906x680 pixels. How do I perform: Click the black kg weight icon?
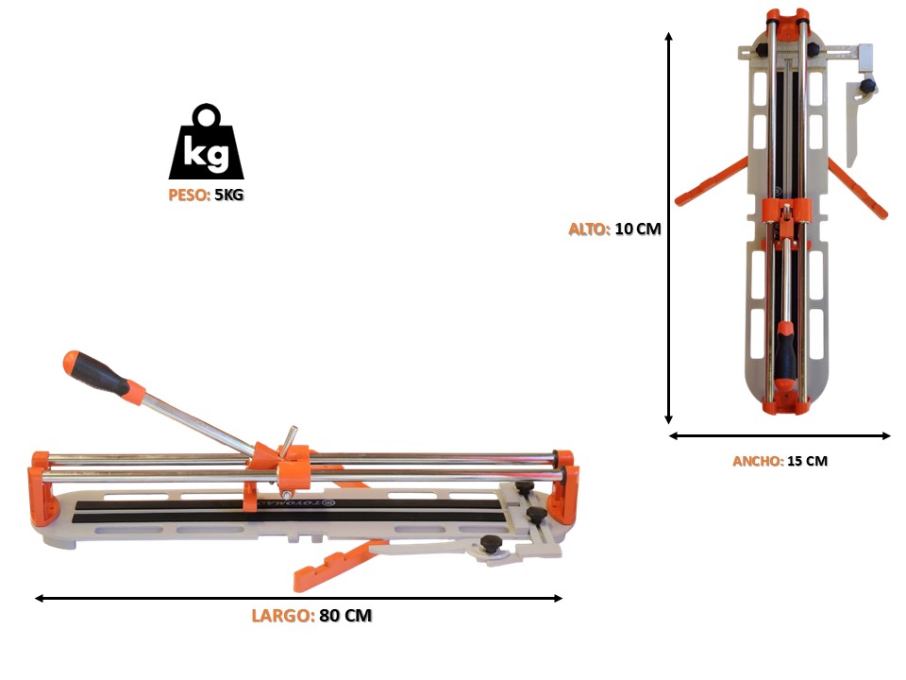point(206,143)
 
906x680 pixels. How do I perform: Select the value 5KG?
point(228,195)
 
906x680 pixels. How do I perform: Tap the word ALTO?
point(589,229)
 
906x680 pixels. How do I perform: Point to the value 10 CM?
point(638,229)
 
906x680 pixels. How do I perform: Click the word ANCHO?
point(758,461)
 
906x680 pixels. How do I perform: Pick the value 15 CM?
point(807,461)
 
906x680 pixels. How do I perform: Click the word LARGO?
point(283,615)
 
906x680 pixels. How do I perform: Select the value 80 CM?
point(345,615)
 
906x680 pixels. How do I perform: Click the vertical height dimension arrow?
point(668,229)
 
